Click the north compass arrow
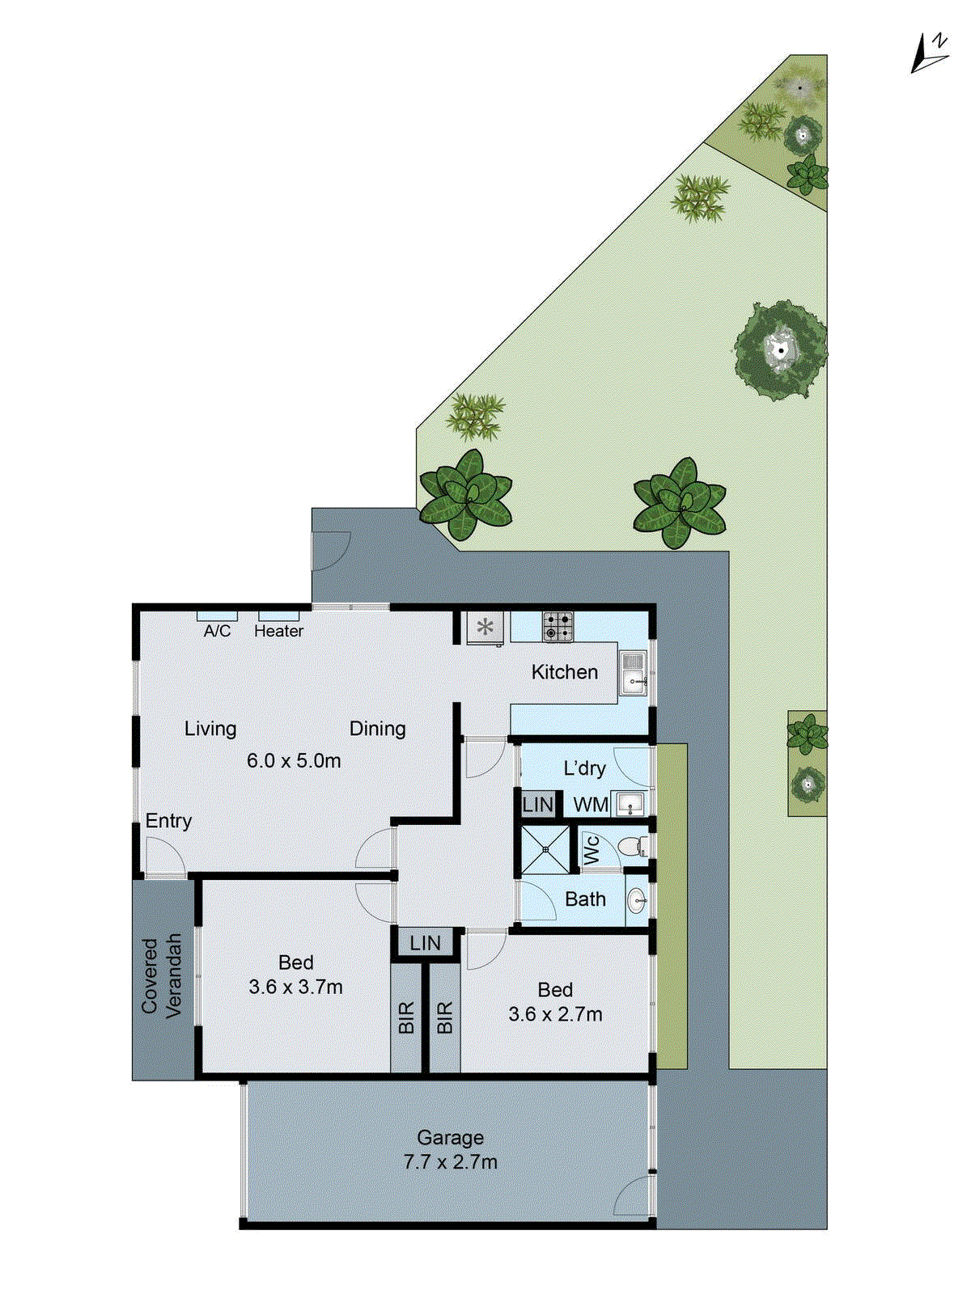(x=928, y=55)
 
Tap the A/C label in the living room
(x=217, y=631)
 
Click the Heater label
(x=278, y=631)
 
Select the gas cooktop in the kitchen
(x=558, y=627)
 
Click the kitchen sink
(x=633, y=674)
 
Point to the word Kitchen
(x=564, y=672)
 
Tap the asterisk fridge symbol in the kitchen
(x=485, y=627)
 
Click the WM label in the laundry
(x=591, y=805)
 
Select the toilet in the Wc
(x=630, y=847)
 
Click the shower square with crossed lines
(x=545, y=849)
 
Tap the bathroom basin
(x=638, y=899)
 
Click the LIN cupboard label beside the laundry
(x=537, y=805)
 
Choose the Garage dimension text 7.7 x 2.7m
(x=451, y=1162)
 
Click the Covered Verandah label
(x=161, y=976)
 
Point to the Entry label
(x=168, y=821)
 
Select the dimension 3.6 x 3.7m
(x=295, y=987)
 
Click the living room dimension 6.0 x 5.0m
(x=294, y=761)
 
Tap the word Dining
(x=377, y=729)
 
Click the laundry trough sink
(x=630, y=804)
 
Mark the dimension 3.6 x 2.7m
(x=555, y=1014)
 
